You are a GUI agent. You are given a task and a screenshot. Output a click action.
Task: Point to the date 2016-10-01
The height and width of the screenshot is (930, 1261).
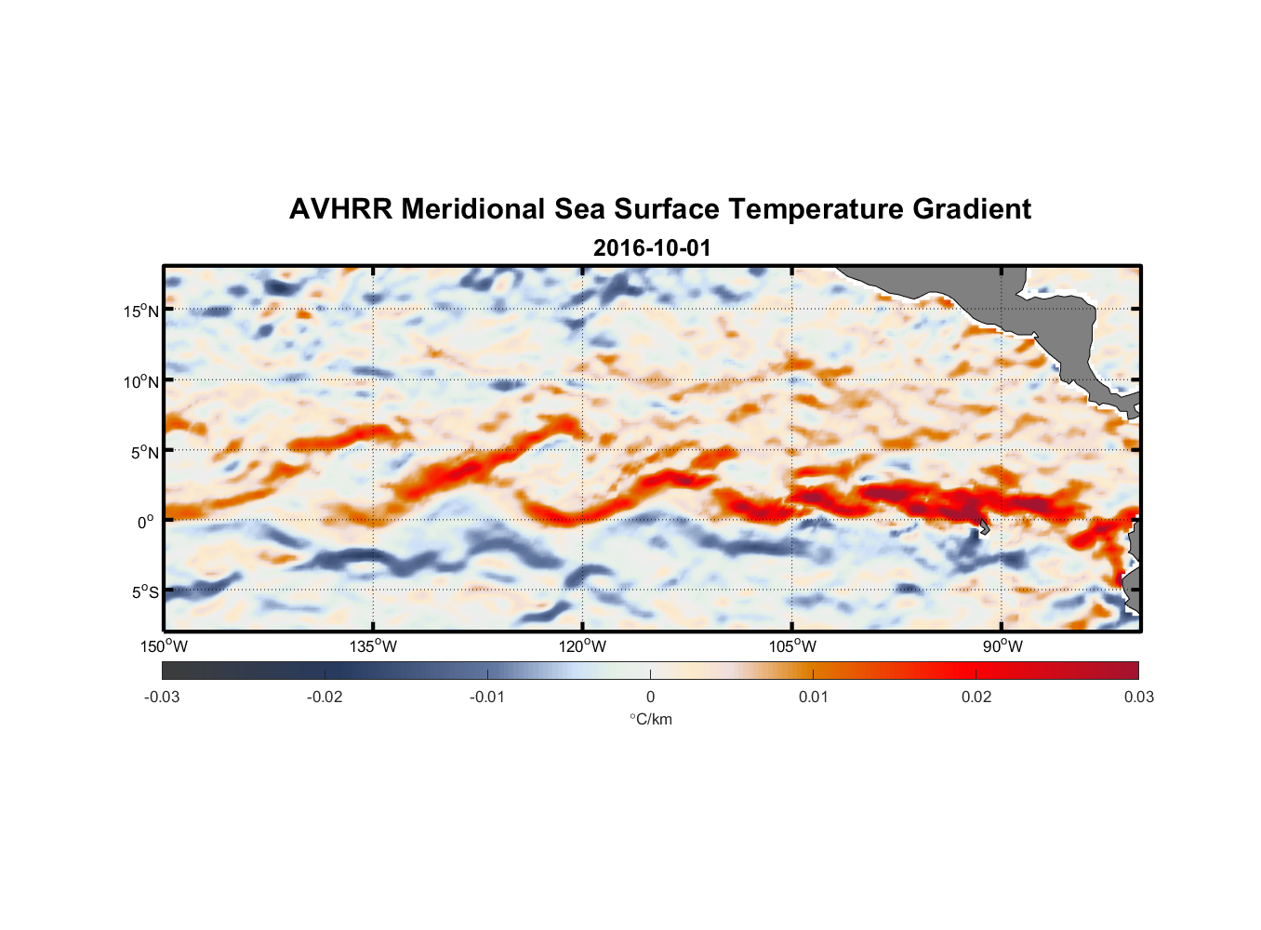[x=652, y=248]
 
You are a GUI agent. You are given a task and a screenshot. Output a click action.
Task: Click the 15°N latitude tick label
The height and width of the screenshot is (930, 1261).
[x=141, y=311]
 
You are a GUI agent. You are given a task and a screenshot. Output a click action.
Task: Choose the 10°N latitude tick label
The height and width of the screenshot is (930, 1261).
[x=141, y=381]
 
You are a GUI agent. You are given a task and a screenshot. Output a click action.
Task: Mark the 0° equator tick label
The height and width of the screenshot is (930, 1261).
[x=146, y=522]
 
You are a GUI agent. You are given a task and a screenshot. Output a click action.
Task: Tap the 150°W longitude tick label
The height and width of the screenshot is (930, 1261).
[x=164, y=646]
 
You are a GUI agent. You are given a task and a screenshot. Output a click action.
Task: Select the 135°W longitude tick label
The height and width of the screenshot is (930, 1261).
[x=373, y=646]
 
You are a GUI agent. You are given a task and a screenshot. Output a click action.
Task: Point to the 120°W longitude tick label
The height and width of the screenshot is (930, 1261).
[x=582, y=646]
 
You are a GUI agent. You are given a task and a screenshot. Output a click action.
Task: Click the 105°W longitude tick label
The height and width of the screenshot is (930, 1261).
[x=792, y=646]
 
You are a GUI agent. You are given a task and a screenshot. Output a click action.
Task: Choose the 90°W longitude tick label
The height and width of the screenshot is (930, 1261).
[x=1002, y=646]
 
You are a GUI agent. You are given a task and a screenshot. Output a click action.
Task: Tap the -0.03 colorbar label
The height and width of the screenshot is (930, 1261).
[x=162, y=697]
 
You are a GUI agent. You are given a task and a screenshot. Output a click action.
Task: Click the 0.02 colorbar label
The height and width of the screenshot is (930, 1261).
[x=976, y=697]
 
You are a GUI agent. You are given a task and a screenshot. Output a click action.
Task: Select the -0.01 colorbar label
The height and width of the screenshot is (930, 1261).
[x=487, y=697]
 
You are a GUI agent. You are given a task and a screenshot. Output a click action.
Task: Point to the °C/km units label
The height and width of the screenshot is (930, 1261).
[x=651, y=719]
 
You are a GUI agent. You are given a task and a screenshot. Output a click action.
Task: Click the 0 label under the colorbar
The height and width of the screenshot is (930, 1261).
[x=650, y=697]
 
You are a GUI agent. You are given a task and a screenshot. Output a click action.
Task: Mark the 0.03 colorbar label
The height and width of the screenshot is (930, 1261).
[x=1138, y=697]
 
